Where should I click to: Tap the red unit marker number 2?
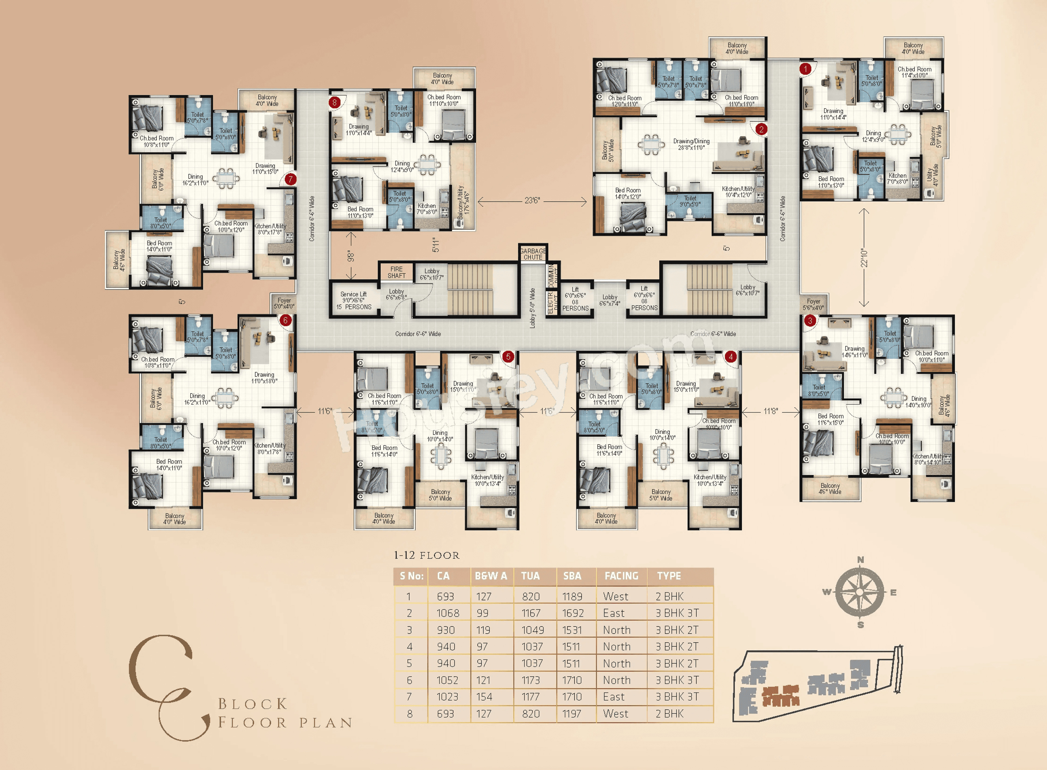click(761, 129)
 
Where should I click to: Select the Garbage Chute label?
click(533, 254)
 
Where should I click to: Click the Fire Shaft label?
click(396, 272)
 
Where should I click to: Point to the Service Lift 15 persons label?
click(354, 301)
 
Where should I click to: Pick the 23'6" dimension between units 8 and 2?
click(532, 201)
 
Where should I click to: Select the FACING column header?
click(621, 576)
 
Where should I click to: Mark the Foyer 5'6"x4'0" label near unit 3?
click(813, 304)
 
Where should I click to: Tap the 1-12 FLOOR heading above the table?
click(427, 556)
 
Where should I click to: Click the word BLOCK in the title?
click(253, 704)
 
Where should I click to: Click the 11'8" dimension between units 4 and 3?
click(770, 411)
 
